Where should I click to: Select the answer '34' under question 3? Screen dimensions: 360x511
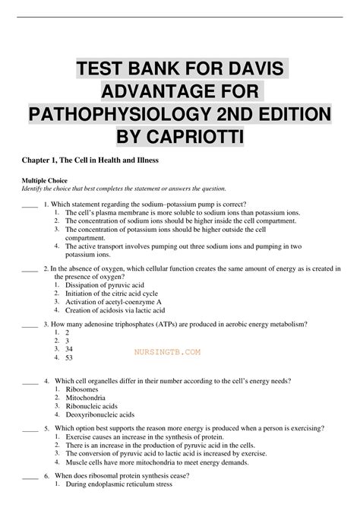[x=70, y=348]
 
